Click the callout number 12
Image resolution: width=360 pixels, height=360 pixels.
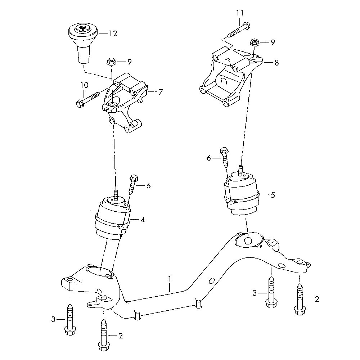[x=113, y=33]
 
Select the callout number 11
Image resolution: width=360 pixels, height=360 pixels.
[x=240, y=13]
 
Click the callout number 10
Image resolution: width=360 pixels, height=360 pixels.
[x=84, y=85]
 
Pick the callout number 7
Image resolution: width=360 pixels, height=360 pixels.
[x=160, y=92]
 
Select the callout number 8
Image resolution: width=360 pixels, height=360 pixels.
[x=276, y=62]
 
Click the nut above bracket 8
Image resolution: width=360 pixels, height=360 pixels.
[x=255, y=42]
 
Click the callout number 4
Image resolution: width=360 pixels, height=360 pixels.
[x=143, y=219]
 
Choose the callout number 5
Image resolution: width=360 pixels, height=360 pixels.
[x=273, y=195]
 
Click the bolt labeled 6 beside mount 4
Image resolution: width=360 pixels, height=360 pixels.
[x=132, y=183]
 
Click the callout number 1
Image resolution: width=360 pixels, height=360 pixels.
[x=169, y=279]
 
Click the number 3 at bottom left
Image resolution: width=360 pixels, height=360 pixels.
[x=54, y=319]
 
